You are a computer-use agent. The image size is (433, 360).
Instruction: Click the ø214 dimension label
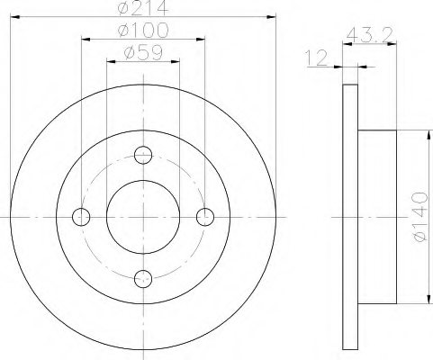[x=143, y=7]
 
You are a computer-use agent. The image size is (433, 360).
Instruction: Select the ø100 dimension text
[x=143, y=30]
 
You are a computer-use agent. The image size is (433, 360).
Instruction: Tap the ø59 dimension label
[x=143, y=52]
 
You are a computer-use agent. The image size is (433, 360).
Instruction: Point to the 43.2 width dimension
[x=369, y=34]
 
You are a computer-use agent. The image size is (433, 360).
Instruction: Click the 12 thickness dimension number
[x=316, y=58]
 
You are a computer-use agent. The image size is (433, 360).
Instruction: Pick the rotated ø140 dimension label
[x=420, y=217]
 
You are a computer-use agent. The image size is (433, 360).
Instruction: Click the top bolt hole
[x=143, y=155]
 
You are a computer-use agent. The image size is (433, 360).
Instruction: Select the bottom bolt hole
[x=143, y=279]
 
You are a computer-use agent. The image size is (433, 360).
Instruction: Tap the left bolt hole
[x=81, y=217]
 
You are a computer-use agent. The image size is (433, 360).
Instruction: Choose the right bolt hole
[x=205, y=217]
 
